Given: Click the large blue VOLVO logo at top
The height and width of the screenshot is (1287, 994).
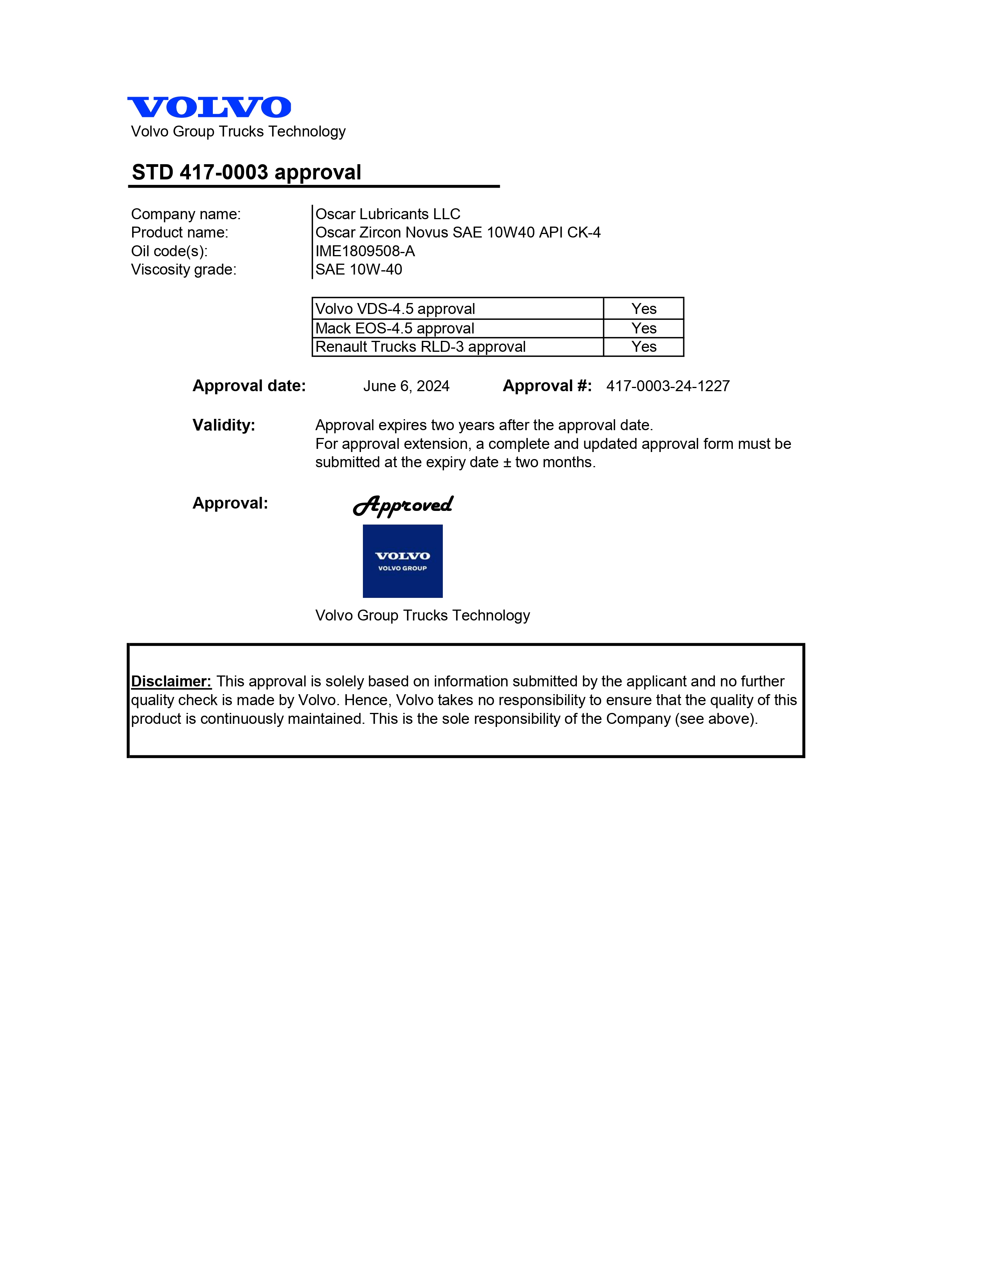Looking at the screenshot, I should pyautogui.click(x=209, y=107).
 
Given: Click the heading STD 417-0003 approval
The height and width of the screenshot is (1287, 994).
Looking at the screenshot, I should pyautogui.click(x=246, y=172).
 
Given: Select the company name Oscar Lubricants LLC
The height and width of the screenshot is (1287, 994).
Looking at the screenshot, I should pyautogui.click(x=387, y=214).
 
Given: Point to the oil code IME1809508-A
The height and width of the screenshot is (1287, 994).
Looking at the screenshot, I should pyautogui.click(x=365, y=251).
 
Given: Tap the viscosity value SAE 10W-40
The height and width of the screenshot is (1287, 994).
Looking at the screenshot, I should pyautogui.click(x=359, y=269).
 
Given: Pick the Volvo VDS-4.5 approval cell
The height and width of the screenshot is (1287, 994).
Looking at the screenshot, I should pyautogui.click(x=395, y=309).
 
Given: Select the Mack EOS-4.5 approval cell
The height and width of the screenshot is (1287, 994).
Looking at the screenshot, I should pyautogui.click(x=394, y=328).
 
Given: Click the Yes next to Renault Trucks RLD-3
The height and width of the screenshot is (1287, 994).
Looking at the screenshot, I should pyautogui.click(x=644, y=346).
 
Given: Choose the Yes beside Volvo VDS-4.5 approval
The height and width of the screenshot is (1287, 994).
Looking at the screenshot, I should pyautogui.click(x=644, y=309).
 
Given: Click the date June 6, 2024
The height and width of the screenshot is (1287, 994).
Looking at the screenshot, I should pyautogui.click(x=406, y=386).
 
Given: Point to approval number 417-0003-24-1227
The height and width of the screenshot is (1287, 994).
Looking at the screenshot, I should pyautogui.click(x=668, y=386).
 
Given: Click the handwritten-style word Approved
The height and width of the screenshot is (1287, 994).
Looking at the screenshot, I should pyautogui.click(x=403, y=505).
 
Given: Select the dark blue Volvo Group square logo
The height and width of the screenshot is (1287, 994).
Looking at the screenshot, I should pyautogui.click(x=403, y=561).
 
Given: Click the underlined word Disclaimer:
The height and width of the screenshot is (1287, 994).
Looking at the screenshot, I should pyautogui.click(x=171, y=681).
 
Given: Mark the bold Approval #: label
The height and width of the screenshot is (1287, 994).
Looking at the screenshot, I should pyautogui.click(x=547, y=386).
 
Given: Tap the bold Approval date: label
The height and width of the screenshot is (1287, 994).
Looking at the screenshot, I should pyautogui.click(x=249, y=386).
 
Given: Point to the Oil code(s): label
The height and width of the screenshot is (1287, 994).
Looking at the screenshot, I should pyautogui.click(x=169, y=251).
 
